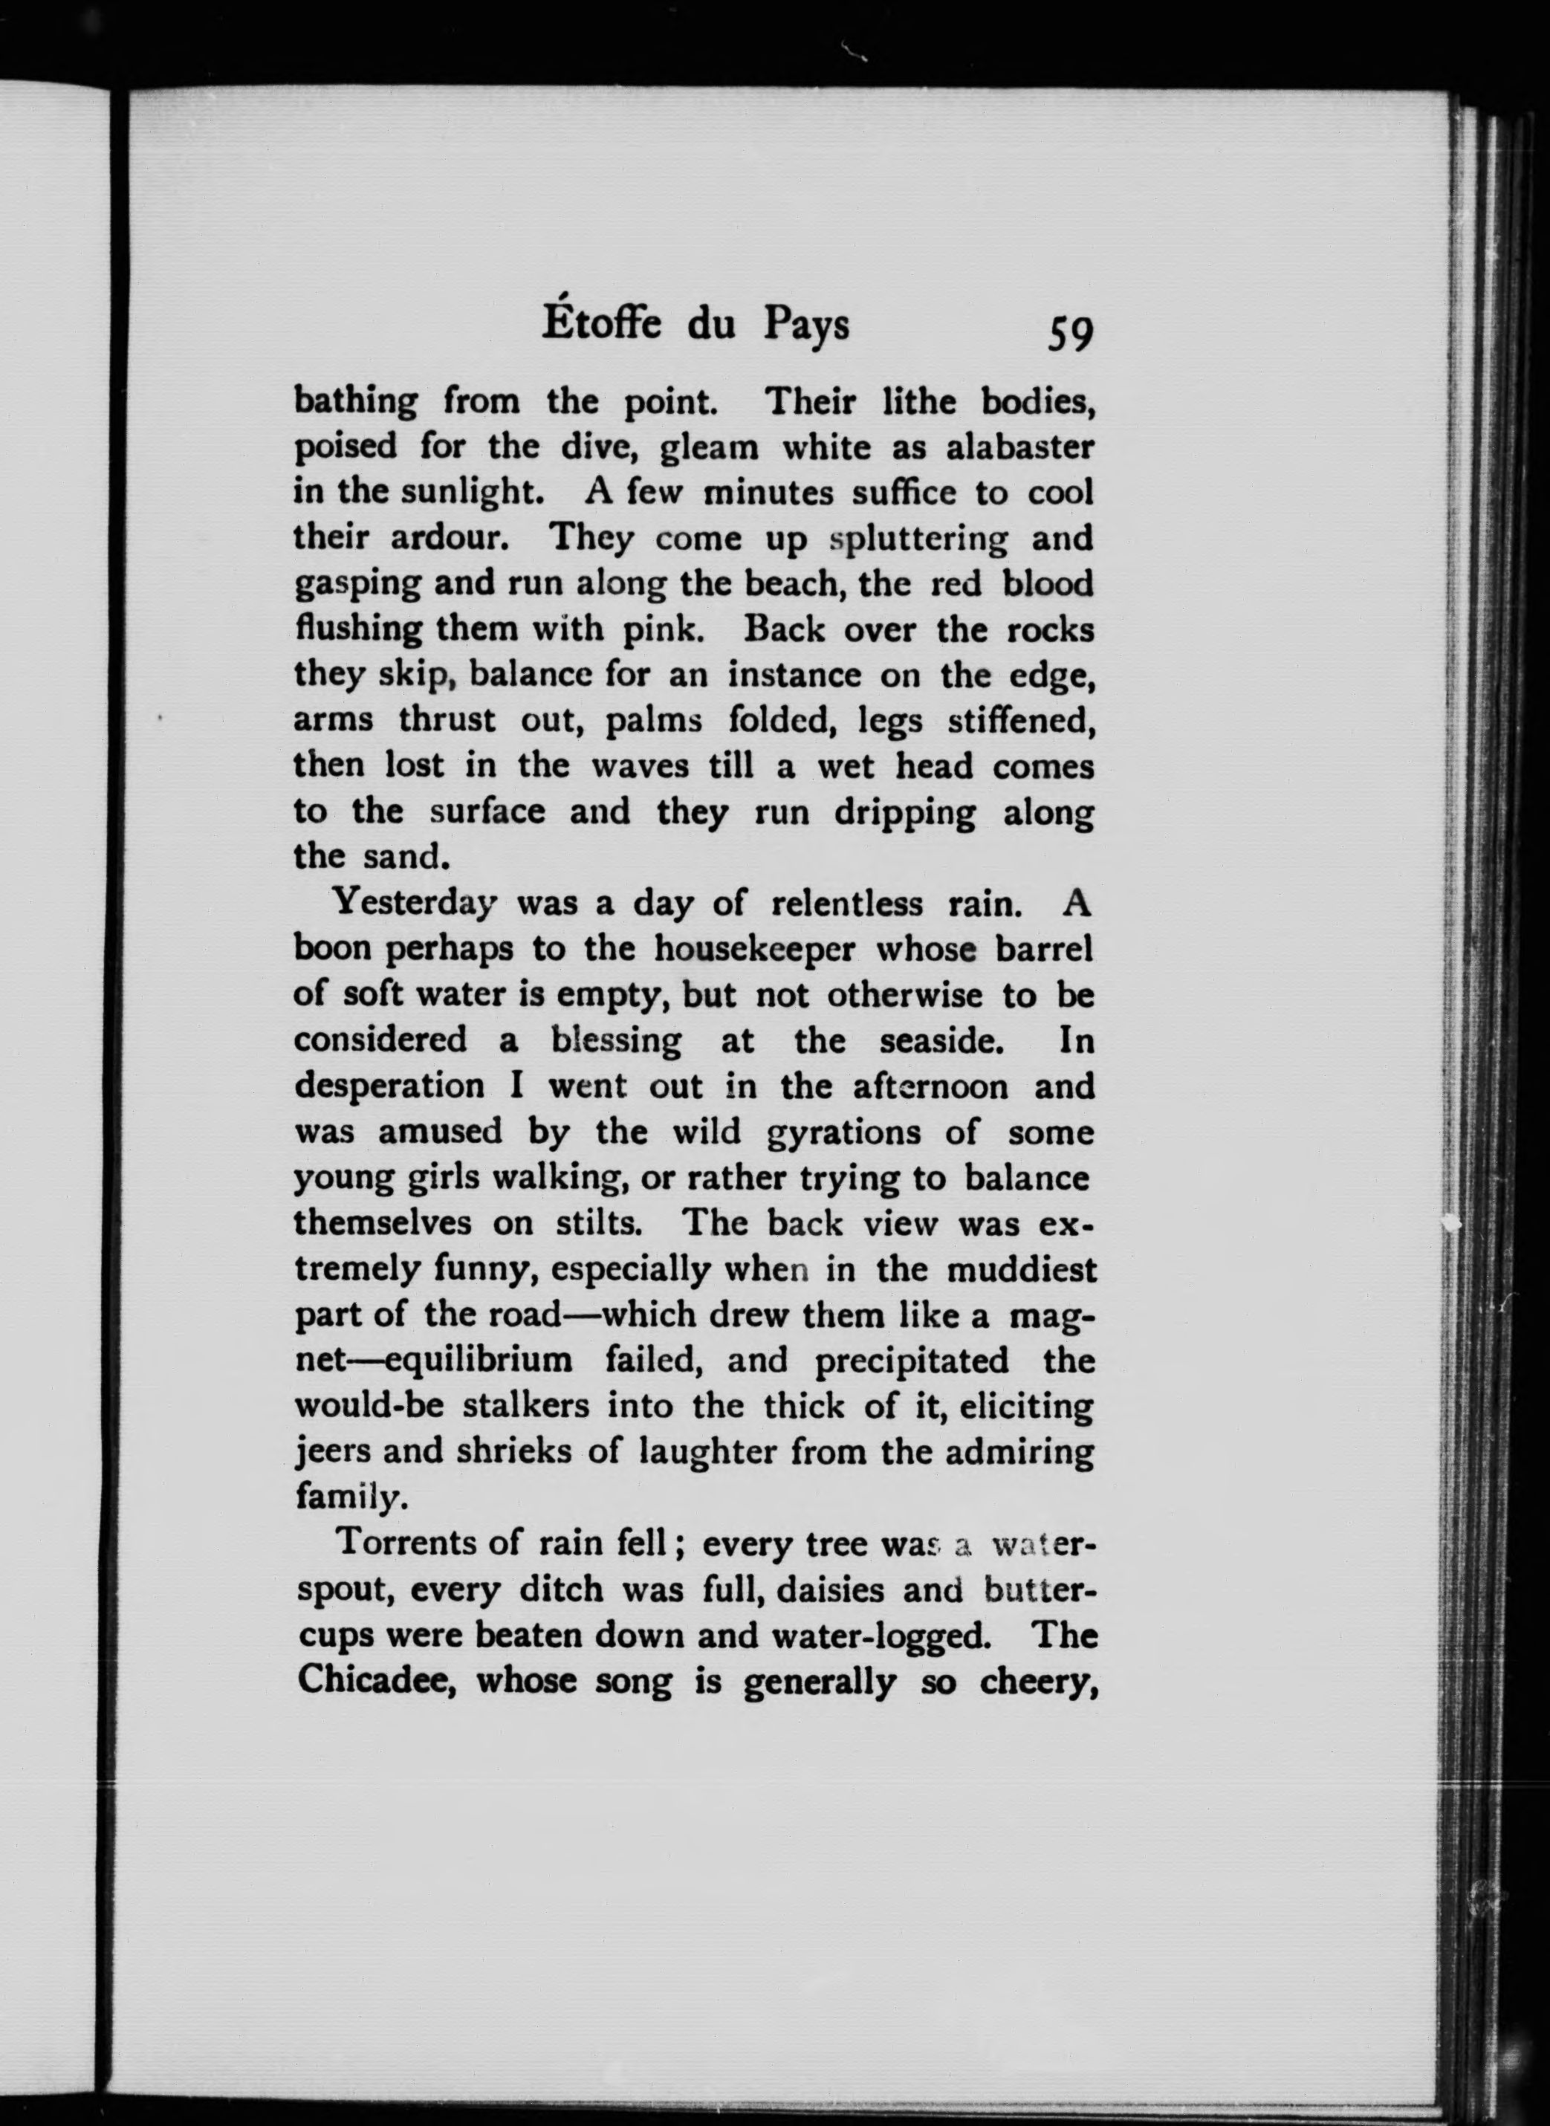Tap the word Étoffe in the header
[x=601, y=324]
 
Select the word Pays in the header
[x=806, y=325]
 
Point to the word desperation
[x=389, y=1086]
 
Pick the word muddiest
[x=1020, y=1269]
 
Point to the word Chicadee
[x=376, y=1680]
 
